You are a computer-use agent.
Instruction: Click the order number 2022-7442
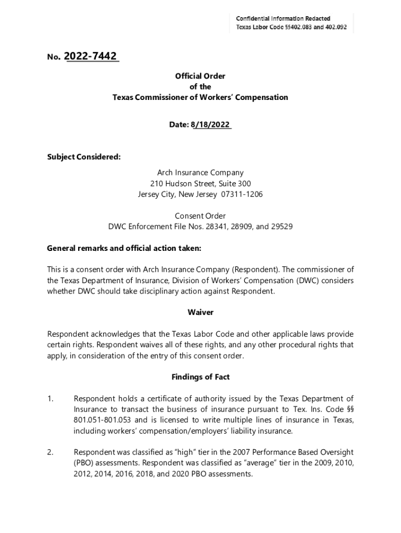(91, 56)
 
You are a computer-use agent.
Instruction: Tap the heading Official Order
(200, 77)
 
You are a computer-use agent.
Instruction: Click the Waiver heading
(200, 312)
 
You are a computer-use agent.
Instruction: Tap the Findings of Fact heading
(200, 377)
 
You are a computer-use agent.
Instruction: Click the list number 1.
(51, 399)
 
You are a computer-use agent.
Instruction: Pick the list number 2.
(51, 452)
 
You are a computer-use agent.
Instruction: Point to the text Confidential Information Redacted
(283, 19)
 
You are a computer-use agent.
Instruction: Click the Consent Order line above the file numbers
(200, 215)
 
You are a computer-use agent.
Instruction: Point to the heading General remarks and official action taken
(124, 248)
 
